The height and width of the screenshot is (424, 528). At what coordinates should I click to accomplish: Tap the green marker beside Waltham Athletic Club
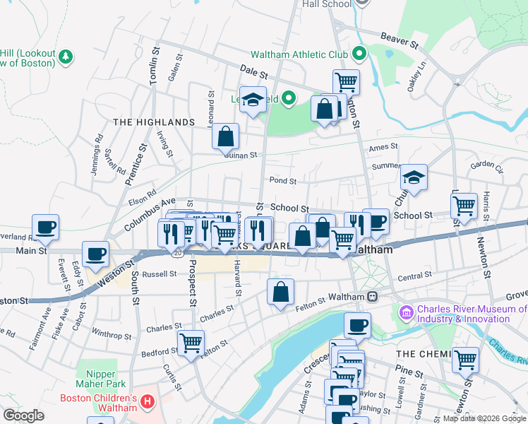(x=359, y=54)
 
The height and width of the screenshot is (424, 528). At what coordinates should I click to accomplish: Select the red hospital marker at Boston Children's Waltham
(x=148, y=403)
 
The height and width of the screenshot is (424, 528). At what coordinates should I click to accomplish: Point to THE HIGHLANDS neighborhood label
(x=153, y=122)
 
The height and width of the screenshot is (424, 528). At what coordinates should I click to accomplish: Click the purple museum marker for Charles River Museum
(x=406, y=311)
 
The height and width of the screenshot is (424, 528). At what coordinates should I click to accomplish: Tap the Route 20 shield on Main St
(x=176, y=252)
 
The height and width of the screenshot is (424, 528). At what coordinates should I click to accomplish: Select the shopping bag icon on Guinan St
(x=225, y=136)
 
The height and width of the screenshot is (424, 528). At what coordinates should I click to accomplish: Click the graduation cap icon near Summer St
(x=414, y=177)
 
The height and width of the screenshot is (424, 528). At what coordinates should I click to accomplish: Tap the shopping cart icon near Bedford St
(x=191, y=343)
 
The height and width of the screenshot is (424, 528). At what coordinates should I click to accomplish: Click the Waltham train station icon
(x=371, y=296)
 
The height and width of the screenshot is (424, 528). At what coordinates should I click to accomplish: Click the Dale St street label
(x=254, y=72)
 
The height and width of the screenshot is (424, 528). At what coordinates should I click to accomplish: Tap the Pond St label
(x=282, y=181)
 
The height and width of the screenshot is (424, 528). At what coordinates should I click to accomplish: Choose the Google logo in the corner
(x=23, y=416)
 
